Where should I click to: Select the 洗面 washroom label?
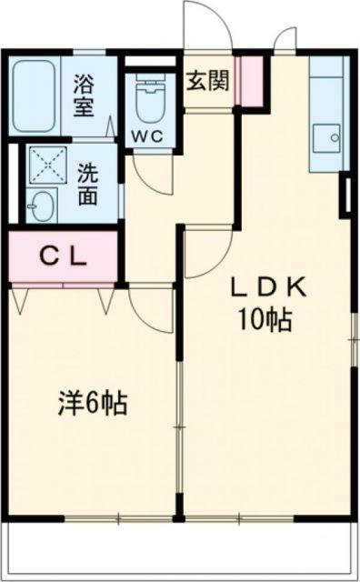pos(88,186)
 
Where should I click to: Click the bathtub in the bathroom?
pos(36,94)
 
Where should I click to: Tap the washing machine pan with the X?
pos(47,166)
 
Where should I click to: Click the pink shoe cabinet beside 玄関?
pos(250,80)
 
